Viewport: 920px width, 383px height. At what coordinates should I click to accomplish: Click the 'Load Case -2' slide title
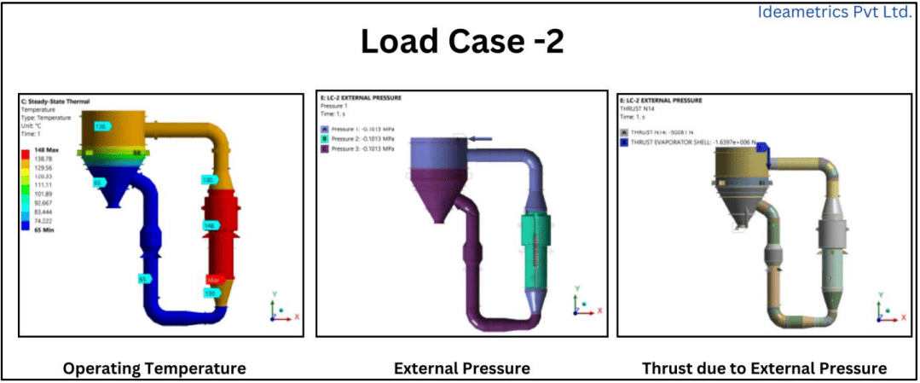pyautogui.click(x=461, y=41)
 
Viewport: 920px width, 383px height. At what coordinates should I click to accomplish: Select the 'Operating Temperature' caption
pyautogui.click(x=154, y=368)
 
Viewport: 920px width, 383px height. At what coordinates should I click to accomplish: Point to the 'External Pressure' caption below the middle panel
pyautogui.click(x=461, y=368)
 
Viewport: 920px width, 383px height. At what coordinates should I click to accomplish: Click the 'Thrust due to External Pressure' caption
pyautogui.click(x=764, y=368)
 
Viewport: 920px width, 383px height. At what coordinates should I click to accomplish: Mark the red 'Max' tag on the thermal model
pyautogui.click(x=214, y=280)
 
